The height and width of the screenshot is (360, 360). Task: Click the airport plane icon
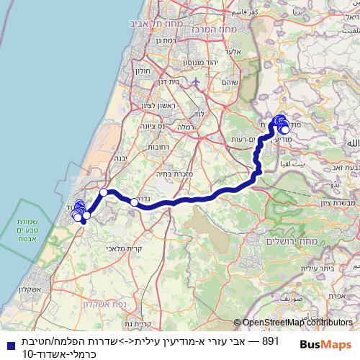(196, 81)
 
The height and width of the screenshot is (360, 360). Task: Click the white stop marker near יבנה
(104, 192)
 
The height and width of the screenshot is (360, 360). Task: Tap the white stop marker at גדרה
(134, 202)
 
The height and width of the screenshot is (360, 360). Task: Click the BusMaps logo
(328, 344)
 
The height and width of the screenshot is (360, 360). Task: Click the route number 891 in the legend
(271, 339)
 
